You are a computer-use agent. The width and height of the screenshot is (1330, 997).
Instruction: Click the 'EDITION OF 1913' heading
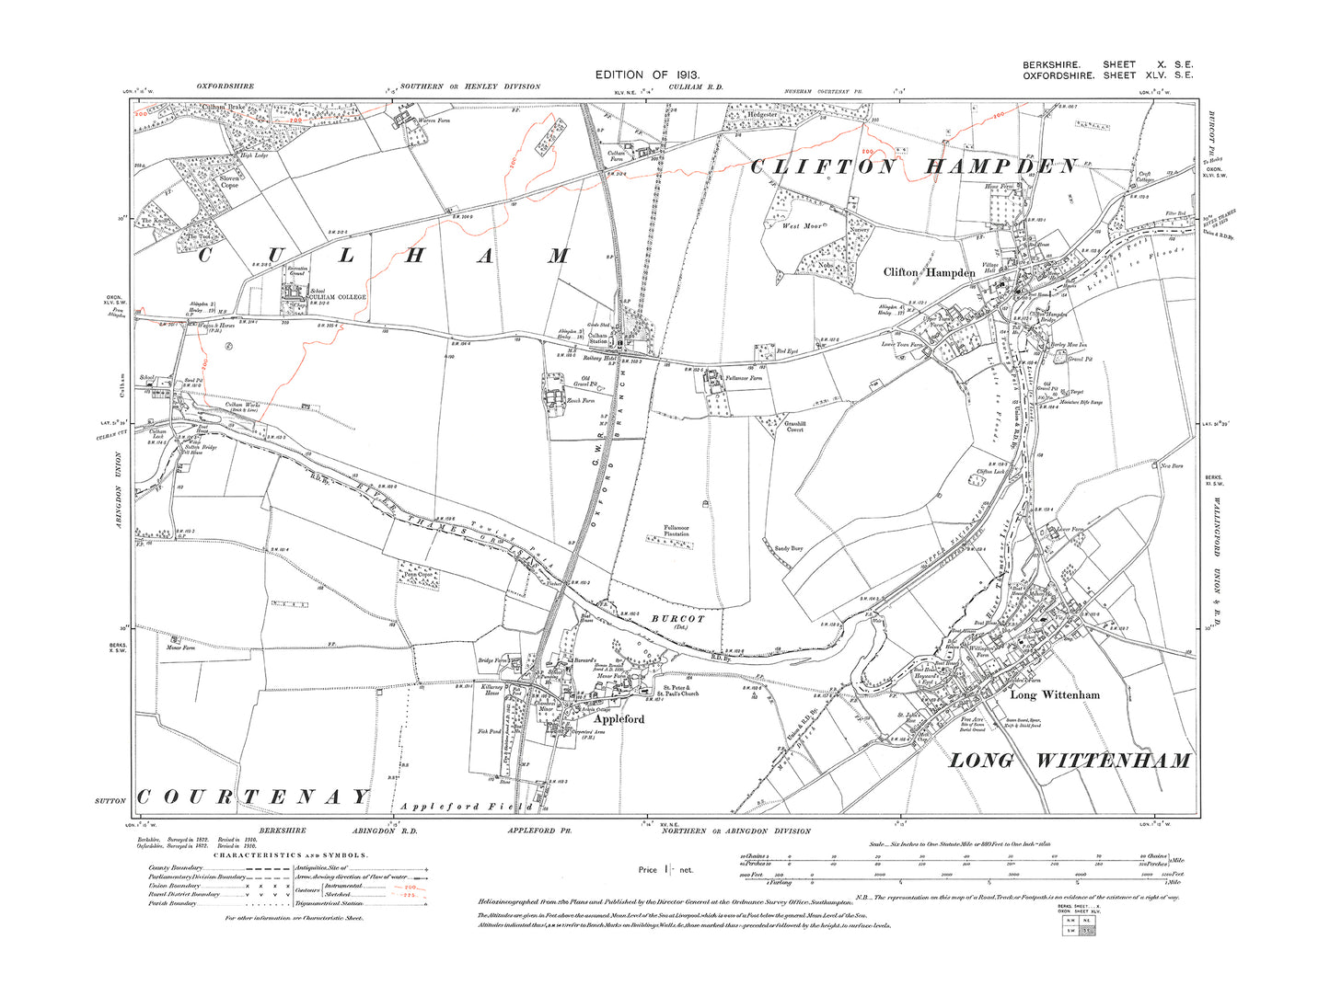point(648,74)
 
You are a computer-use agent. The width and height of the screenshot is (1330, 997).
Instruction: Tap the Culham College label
point(337,297)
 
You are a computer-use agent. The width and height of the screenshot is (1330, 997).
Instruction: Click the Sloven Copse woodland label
point(229,182)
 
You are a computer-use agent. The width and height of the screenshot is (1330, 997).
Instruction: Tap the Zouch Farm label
point(581,400)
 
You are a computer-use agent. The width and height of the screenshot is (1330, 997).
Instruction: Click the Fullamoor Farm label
point(744,378)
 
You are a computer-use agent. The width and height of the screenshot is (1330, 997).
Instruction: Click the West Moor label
point(802,225)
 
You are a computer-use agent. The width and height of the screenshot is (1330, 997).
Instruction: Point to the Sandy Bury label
point(789,548)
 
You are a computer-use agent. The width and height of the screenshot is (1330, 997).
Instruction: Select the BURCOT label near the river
point(677,619)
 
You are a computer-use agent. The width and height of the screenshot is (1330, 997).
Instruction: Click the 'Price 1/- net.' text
point(665,869)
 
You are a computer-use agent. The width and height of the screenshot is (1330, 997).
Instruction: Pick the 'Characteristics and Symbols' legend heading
point(291,854)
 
